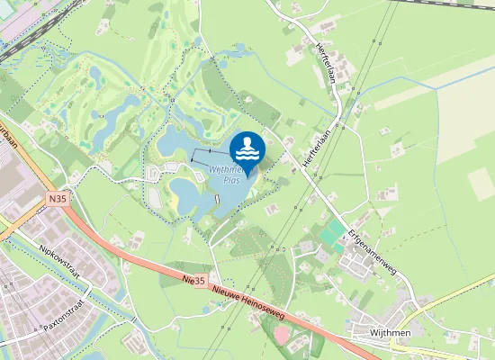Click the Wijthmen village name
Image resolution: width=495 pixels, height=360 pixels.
tap(390, 332)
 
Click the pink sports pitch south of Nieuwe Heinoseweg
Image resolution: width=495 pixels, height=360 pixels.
tap(283, 335)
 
